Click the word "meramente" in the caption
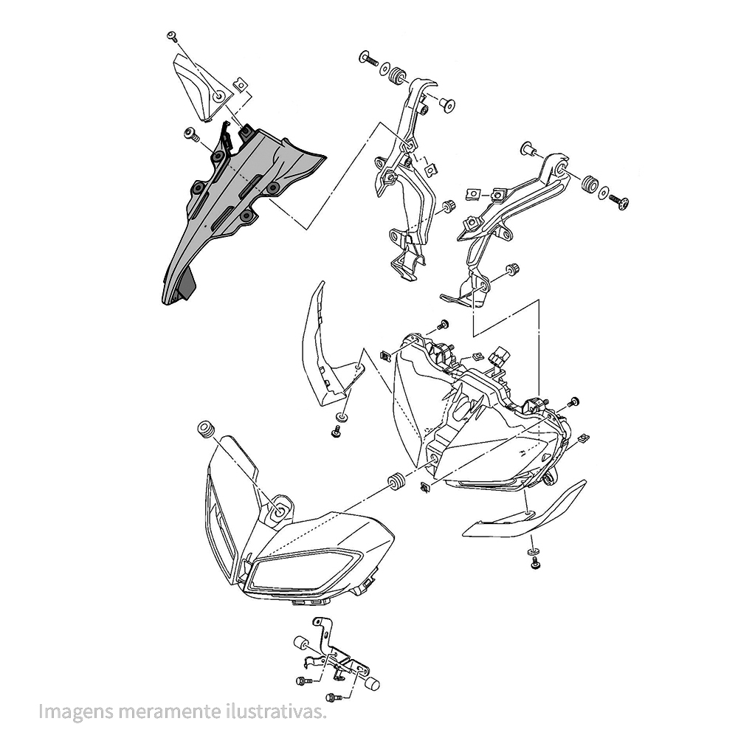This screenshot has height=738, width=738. (170, 711)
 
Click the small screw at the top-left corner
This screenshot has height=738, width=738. (172, 37)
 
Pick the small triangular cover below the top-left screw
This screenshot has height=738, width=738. (202, 87)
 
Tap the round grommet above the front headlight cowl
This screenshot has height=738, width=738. (205, 430)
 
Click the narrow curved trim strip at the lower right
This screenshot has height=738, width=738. (524, 510)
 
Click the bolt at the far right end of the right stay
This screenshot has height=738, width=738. (619, 202)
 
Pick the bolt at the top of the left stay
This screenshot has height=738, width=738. (368, 59)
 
